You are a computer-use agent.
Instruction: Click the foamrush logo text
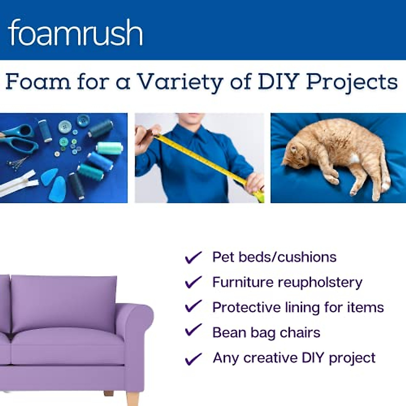point(75,32)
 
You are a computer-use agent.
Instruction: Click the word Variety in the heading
point(180,82)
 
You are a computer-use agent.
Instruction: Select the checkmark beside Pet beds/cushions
point(193,257)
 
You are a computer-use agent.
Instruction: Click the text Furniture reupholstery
point(287,282)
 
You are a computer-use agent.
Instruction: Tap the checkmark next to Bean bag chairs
point(193,331)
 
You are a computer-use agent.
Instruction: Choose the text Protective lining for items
point(298,307)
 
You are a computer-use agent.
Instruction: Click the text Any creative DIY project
point(294,358)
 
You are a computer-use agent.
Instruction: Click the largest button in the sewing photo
point(83,120)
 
